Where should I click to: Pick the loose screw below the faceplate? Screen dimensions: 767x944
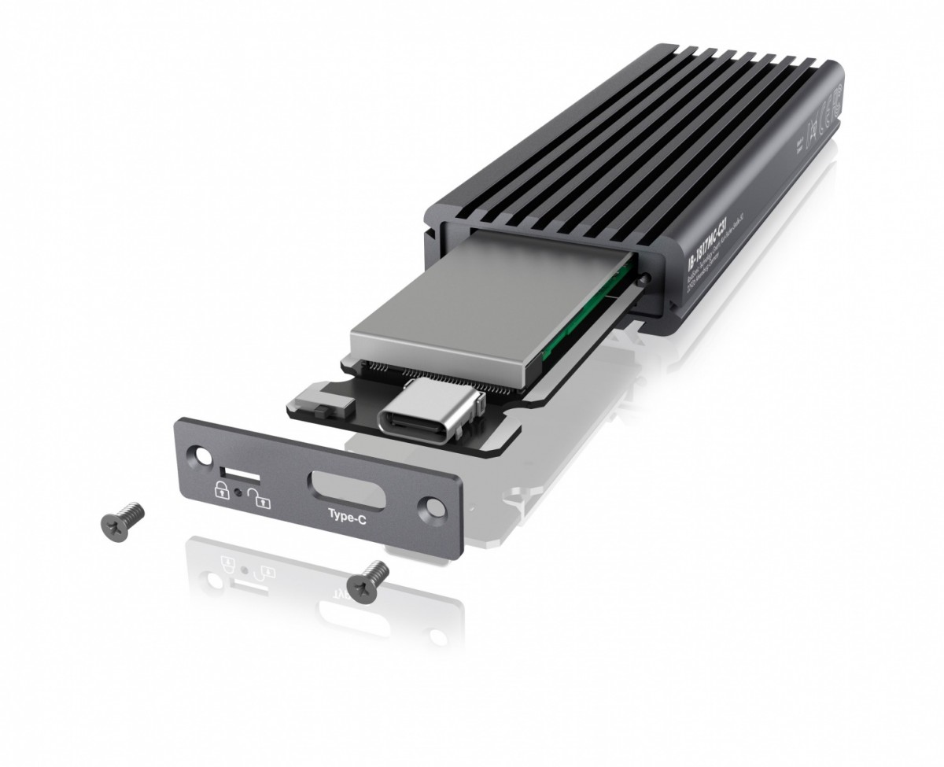pyautogui.click(x=369, y=581)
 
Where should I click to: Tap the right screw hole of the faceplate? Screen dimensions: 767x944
pyautogui.click(x=433, y=505)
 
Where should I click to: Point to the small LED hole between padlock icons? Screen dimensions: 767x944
pyautogui.click(x=237, y=493)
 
